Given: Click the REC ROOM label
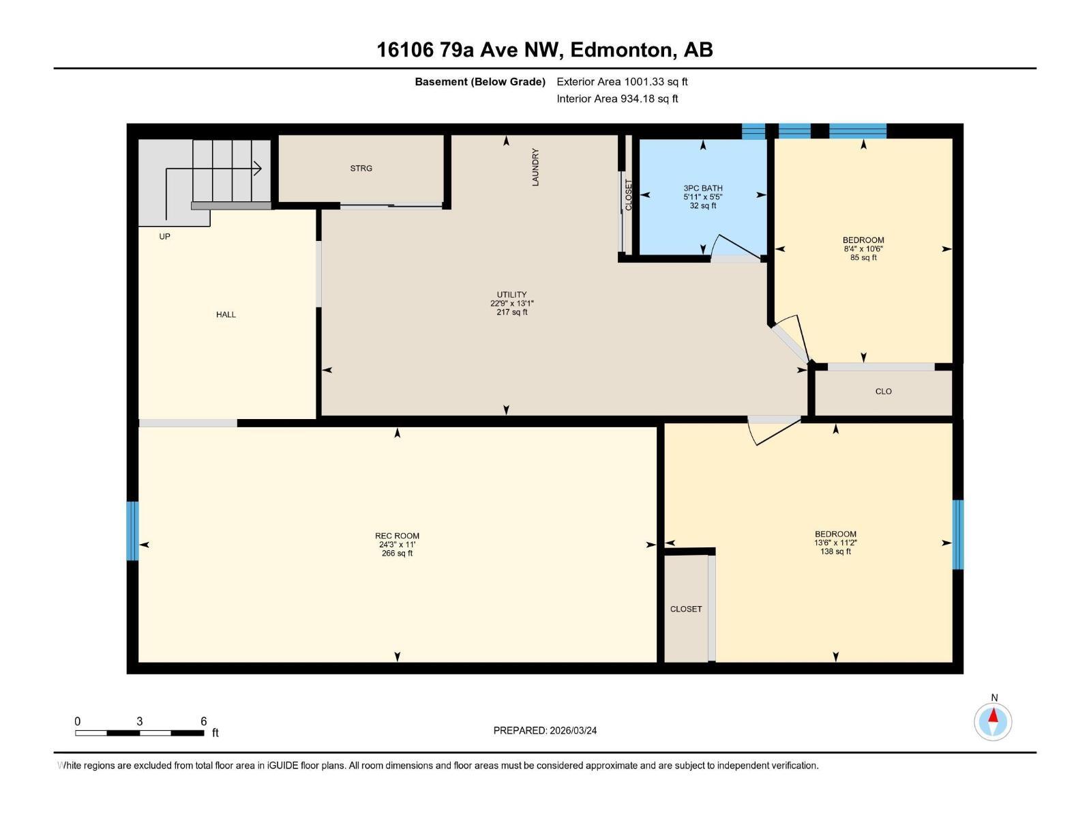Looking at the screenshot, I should point(397,536).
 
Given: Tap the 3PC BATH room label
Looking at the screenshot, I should point(702,188).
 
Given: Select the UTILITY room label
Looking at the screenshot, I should point(511,295).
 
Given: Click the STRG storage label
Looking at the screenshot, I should point(361,169).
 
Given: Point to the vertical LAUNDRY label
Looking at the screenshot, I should point(535,167).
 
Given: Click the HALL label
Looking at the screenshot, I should point(226,315).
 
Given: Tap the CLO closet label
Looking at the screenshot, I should point(883,392).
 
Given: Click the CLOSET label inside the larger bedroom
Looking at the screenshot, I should point(685,609).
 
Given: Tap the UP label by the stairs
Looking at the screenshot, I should point(164,237).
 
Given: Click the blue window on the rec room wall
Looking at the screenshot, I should point(132,531).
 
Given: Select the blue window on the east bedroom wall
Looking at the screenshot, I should point(957,534).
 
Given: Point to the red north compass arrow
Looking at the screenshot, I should point(993,717).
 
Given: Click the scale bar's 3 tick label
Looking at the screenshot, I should point(140,721).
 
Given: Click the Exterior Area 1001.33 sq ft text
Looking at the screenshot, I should point(622,82).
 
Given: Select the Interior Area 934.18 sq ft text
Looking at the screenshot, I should point(617,99).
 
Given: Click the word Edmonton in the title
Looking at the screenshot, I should point(621,50).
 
